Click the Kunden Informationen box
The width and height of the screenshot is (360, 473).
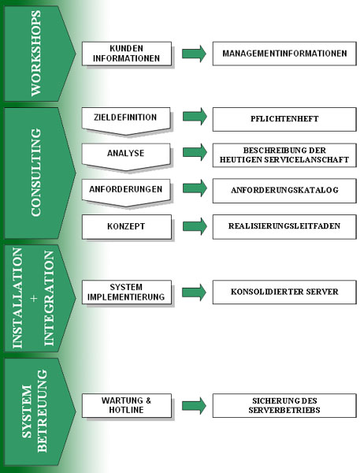(x=127, y=54)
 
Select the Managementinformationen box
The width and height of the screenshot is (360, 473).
(x=284, y=54)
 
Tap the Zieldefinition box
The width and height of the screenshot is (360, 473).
(x=126, y=121)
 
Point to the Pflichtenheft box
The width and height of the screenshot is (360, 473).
(x=284, y=119)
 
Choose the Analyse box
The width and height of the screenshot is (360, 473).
(x=126, y=157)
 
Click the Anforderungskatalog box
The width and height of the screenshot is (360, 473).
(x=284, y=191)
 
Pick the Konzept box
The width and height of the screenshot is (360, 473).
(x=127, y=227)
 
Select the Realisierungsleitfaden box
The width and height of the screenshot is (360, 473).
(x=284, y=227)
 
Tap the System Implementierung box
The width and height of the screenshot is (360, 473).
(x=127, y=292)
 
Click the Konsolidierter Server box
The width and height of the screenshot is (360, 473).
(x=284, y=292)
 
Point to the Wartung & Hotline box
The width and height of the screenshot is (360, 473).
(x=127, y=405)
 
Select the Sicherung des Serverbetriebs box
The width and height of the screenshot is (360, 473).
(x=284, y=405)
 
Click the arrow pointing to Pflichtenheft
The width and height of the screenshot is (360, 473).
(x=195, y=116)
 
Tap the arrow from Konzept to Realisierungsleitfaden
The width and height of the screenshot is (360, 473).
(x=195, y=226)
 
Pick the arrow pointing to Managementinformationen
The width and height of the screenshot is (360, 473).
(x=194, y=54)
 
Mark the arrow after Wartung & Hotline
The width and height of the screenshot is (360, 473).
(x=194, y=406)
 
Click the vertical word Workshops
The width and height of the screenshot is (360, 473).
(x=35, y=54)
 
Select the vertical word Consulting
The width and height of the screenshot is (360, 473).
(x=36, y=172)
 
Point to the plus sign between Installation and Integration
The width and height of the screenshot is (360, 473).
(x=34, y=298)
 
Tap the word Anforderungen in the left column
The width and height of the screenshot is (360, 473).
(x=126, y=189)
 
